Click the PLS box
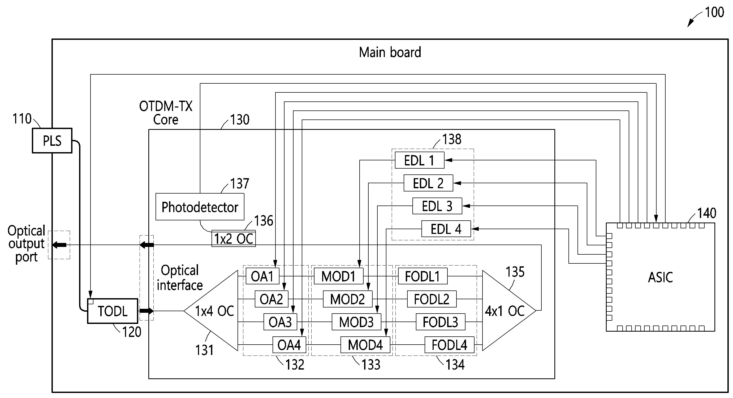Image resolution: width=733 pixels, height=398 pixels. (x=52, y=141)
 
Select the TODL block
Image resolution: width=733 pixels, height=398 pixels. (x=113, y=311)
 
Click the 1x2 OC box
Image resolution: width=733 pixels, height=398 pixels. (x=233, y=239)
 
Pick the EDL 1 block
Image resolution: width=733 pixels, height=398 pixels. (x=419, y=160)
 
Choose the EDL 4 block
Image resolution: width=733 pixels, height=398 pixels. (x=446, y=229)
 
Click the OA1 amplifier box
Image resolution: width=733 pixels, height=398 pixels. (x=262, y=276)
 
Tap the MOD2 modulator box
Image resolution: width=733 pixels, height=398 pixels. (x=347, y=299)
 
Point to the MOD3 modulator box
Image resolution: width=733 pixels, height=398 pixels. (x=356, y=322)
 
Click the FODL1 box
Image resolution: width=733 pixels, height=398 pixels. (x=422, y=276)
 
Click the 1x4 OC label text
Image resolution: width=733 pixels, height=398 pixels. (x=214, y=311)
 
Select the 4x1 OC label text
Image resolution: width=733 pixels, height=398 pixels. (x=505, y=311)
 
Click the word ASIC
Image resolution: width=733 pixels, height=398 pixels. (x=660, y=277)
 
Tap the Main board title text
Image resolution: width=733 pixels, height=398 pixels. (x=390, y=52)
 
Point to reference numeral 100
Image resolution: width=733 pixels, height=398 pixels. (x=714, y=12)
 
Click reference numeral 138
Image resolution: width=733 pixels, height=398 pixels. (x=452, y=139)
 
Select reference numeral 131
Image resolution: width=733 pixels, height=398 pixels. (x=204, y=350)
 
